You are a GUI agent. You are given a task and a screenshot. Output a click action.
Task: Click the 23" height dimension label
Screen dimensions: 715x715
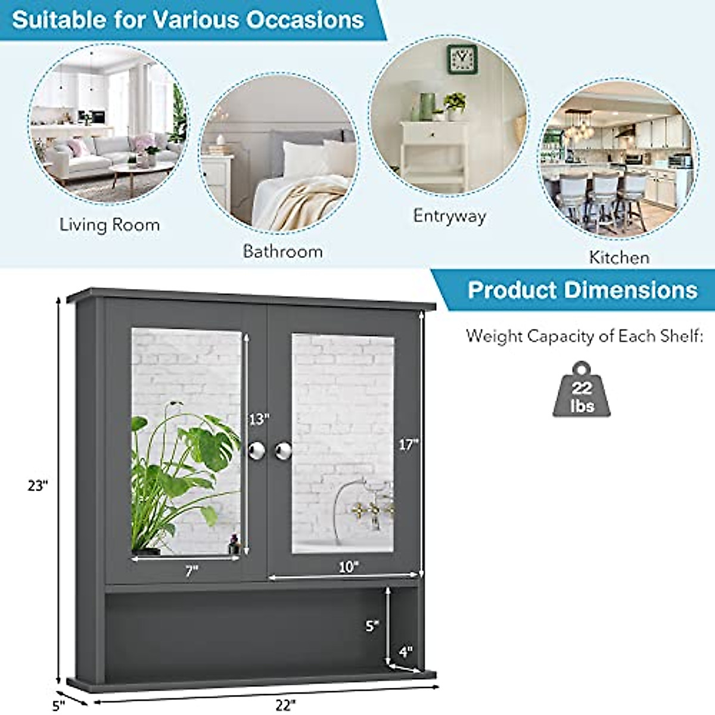pos(37,486)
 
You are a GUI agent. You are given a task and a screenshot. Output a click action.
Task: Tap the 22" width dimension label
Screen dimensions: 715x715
pos(285,705)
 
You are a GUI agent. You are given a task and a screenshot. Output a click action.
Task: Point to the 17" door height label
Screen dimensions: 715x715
pos(409,444)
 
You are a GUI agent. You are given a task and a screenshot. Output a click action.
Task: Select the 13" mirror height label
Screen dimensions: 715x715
pos(259,419)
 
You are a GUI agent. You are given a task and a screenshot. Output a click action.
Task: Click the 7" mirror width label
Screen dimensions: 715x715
pos(191,571)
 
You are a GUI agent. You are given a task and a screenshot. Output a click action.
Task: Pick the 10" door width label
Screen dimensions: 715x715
pos(349,567)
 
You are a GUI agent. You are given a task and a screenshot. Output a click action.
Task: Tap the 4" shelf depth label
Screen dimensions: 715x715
pos(406,652)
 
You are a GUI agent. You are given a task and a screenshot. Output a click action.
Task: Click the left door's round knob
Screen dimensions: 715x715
pos(256,450)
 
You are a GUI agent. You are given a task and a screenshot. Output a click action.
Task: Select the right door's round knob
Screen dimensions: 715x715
pos(283,450)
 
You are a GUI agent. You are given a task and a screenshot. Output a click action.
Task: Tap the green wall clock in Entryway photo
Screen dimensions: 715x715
pos(462,59)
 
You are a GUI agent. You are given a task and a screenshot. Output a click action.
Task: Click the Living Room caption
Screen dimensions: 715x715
pos(110,225)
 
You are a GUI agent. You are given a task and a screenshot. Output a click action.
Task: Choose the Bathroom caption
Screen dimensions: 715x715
pos(282,251)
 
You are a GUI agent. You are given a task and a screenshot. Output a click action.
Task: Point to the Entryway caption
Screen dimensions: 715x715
pos(449,215)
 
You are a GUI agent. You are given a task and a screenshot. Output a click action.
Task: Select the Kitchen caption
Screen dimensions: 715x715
pos(619,257)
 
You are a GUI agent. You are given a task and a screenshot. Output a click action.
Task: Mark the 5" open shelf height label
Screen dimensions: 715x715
pos(372,626)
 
